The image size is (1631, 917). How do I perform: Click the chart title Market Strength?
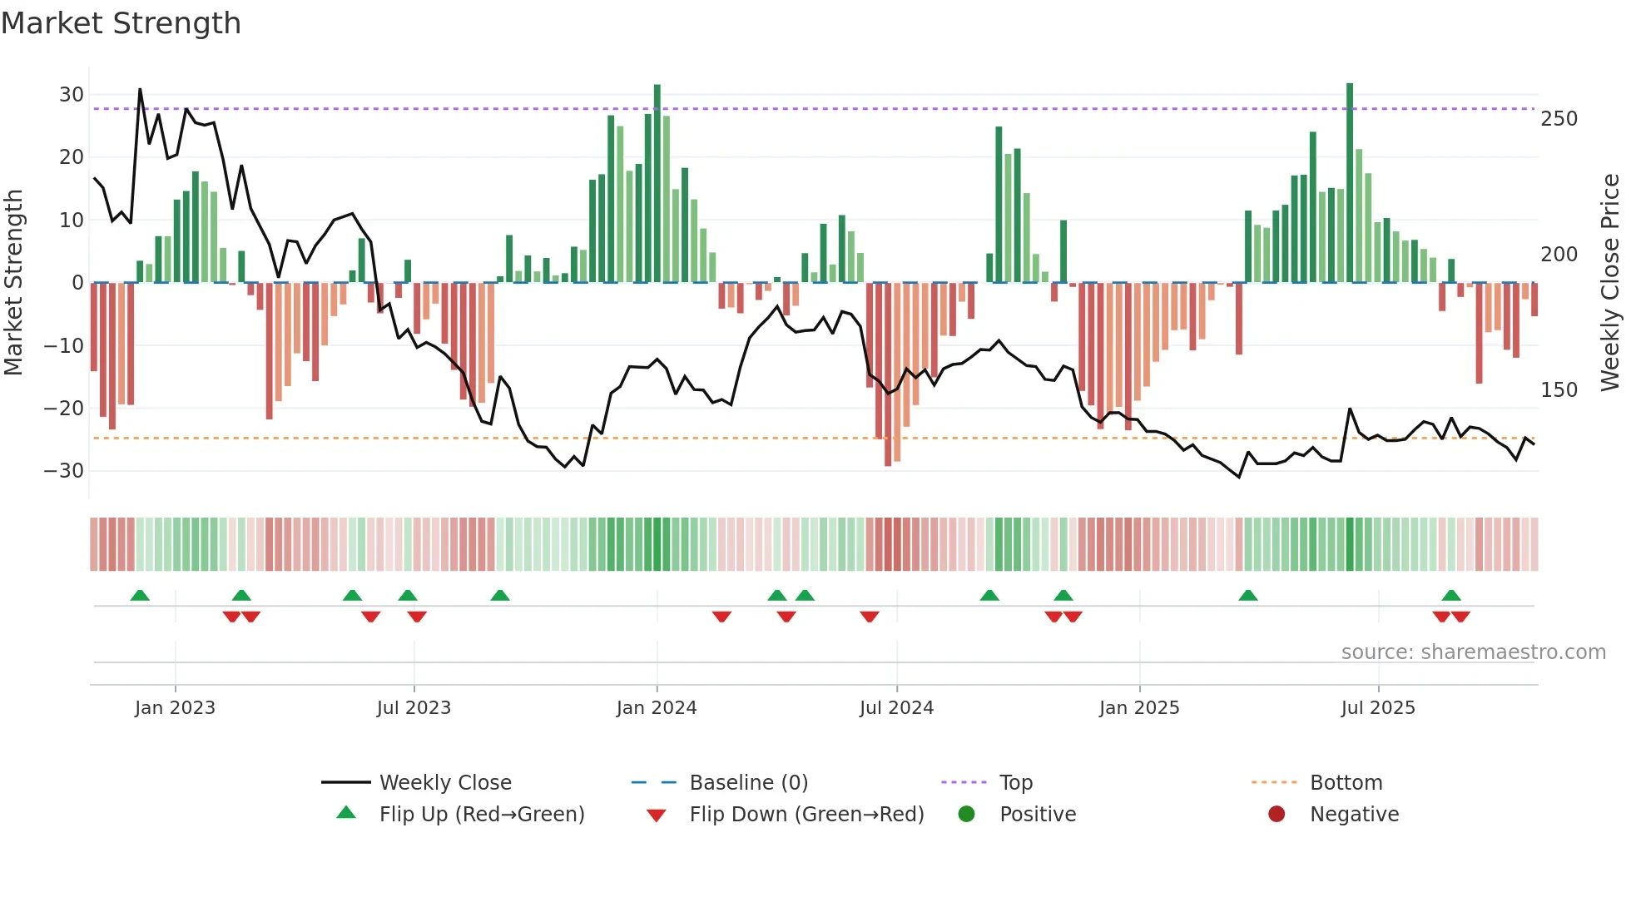pos(121,23)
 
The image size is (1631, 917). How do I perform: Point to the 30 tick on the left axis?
pos(72,95)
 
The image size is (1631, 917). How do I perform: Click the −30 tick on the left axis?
pos(65,471)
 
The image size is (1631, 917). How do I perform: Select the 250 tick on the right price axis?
pos(1559,119)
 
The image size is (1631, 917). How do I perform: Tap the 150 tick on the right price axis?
pos(1559,390)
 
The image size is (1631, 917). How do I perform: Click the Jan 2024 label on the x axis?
pos(657,708)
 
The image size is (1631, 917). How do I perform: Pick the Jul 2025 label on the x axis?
pos(1378,708)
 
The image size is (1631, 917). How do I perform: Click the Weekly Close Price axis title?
pos(1610,283)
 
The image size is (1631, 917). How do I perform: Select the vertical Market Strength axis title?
pos(13,283)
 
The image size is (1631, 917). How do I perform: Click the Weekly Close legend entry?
pos(444,783)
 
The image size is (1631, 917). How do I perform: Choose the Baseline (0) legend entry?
pos(748,783)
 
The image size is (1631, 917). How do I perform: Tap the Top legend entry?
pos(1015,783)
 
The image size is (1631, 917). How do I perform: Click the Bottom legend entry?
pos(1346,783)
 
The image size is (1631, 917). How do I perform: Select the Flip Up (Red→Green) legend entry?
pos(481,815)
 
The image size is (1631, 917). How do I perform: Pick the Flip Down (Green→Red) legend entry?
pos(806,815)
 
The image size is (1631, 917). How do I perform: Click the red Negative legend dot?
pos(1277,815)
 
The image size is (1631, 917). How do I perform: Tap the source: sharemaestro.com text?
pos(1473,652)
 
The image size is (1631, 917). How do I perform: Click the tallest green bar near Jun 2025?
pos(1350,183)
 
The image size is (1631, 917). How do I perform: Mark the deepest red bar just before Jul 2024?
pos(888,374)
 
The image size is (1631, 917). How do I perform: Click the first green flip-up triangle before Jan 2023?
pos(140,596)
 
